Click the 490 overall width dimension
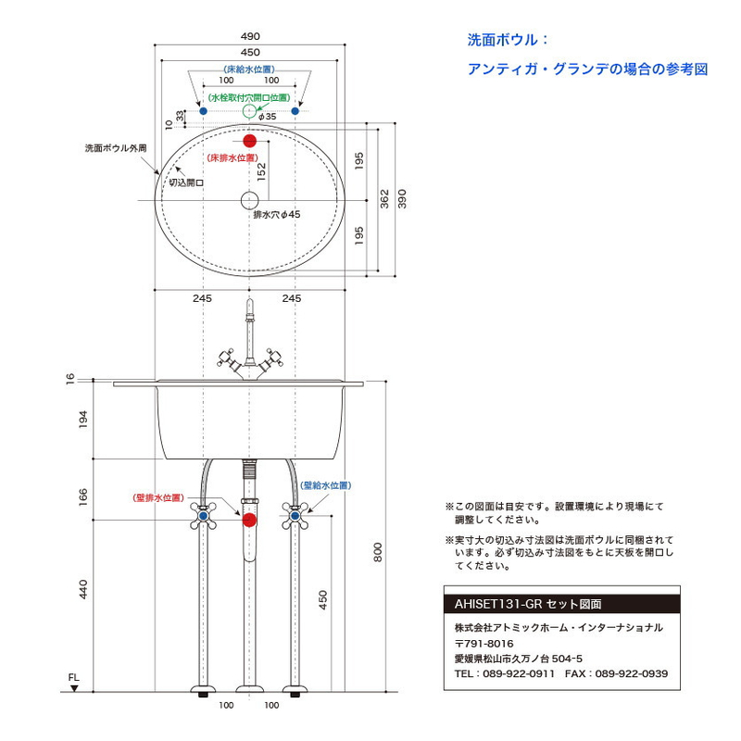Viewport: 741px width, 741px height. tap(250, 36)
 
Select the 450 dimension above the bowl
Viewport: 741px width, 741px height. tap(250, 53)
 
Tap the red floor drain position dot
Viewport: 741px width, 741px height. tap(249, 141)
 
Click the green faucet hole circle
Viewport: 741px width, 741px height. tap(249, 111)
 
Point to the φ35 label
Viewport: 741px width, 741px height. tap(268, 117)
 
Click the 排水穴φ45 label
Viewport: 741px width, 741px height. tap(277, 215)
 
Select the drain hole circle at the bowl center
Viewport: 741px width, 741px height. tap(249, 200)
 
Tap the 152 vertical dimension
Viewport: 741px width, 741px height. tap(262, 171)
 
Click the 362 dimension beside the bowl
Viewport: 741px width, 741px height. tap(384, 198)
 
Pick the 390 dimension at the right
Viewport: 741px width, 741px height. tap(402, 198)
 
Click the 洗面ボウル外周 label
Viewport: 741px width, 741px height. tap(116, 148)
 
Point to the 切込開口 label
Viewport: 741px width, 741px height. tap(186, 182)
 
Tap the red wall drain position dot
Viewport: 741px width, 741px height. tap(249, 520)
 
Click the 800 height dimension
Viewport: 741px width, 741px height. tap(378, 552)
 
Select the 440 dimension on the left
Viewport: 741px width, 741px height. tap(83, 589)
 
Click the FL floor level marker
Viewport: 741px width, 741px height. tap(74, 683)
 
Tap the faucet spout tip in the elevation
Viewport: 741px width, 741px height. tap(249, 299)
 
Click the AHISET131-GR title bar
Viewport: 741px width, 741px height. tap(562, 604)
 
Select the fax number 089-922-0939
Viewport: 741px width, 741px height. tap(632, 673)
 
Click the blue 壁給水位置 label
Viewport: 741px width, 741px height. tap(326, 485)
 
